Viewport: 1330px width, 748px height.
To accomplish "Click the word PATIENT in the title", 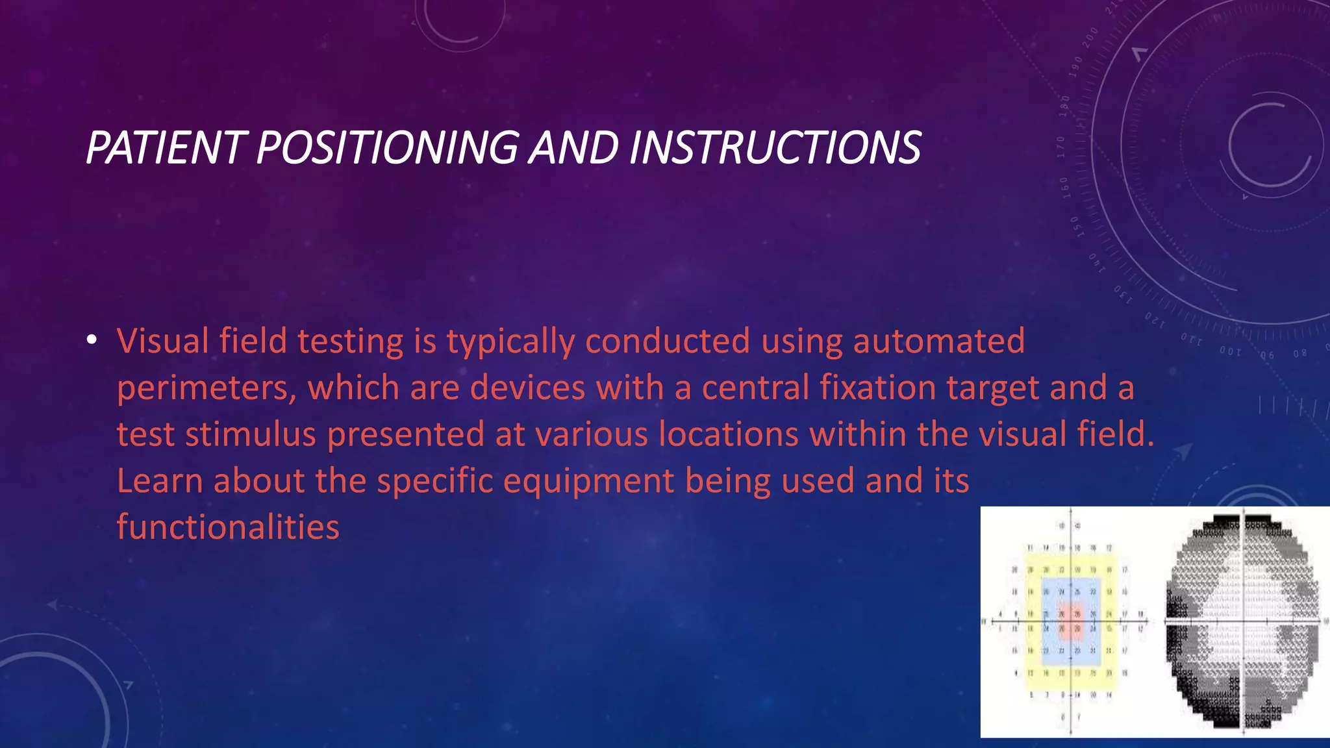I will point(166,147).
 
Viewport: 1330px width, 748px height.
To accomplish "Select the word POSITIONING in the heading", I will point(387,147).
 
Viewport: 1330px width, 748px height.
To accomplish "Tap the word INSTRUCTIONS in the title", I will point(774,147).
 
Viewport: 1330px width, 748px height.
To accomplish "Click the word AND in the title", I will point(573,147).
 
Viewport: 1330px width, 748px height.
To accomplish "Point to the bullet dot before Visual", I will point(92,340).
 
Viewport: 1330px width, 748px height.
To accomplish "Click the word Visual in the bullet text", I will point(162,342).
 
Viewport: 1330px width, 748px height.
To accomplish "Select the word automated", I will point(938,342).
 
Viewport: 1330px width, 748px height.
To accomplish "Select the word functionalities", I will point(228,527).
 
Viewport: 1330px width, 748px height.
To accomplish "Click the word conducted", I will point(668,342).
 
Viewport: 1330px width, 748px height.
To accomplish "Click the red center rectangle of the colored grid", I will point(1070,621).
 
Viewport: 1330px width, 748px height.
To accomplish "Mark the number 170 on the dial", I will point(1061,147).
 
